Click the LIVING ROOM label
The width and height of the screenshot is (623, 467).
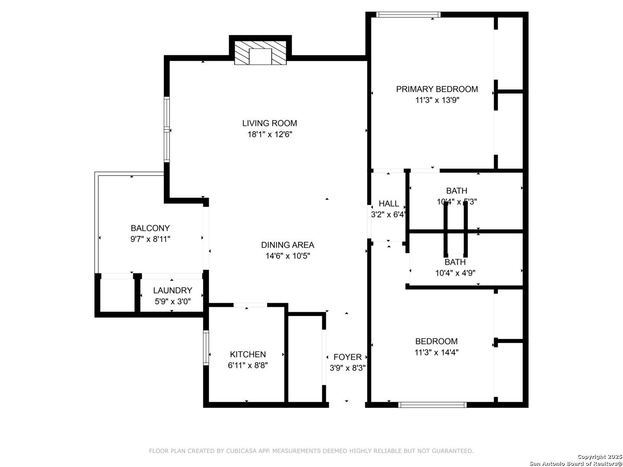pyautogui.click(x=270, y=123)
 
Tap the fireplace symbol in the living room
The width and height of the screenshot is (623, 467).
pyautogui.click(x=260, y=53)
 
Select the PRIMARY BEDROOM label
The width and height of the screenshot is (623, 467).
pyautogui.click(x=437, y=89)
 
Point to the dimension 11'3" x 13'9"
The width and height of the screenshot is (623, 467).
pyautogui.click(x=437, y=100)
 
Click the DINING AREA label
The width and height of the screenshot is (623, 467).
pyautogui.click(x=288, y=245)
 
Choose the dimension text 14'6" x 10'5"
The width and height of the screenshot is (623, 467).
pyautogui.click(x=288, y=256)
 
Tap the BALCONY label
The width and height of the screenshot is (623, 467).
pyautogui.click(x=150, y=228)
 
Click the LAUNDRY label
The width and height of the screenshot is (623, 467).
pyautogui.click(x=173, y=291)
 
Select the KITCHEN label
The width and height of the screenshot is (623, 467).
pyautogui.click(x=248, y=354)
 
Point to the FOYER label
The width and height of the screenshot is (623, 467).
pyautogui.click(x=347, y=357)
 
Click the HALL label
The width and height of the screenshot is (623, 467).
pyautogui.click(x=389, y=203)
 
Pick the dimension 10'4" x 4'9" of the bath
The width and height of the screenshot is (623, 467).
pyautogui.click(x=455, y=273)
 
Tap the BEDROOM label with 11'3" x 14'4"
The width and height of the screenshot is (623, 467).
pyautogui.click(x=436, y=341)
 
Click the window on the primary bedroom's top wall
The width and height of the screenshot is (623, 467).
pyautogui.click(x=408, y=15)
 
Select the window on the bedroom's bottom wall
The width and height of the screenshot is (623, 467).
pyautogui.click(x=432, y=405)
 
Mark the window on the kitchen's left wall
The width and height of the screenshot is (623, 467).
pyautogui.click(x=206, y=348)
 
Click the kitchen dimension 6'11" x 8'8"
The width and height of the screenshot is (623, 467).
pyautogui.click(x=248, y=365)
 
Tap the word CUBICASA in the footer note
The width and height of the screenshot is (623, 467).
pyautogui.click(x=241, y=451)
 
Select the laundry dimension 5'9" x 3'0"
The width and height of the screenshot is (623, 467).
pyautogui.click(x=173, y=301)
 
